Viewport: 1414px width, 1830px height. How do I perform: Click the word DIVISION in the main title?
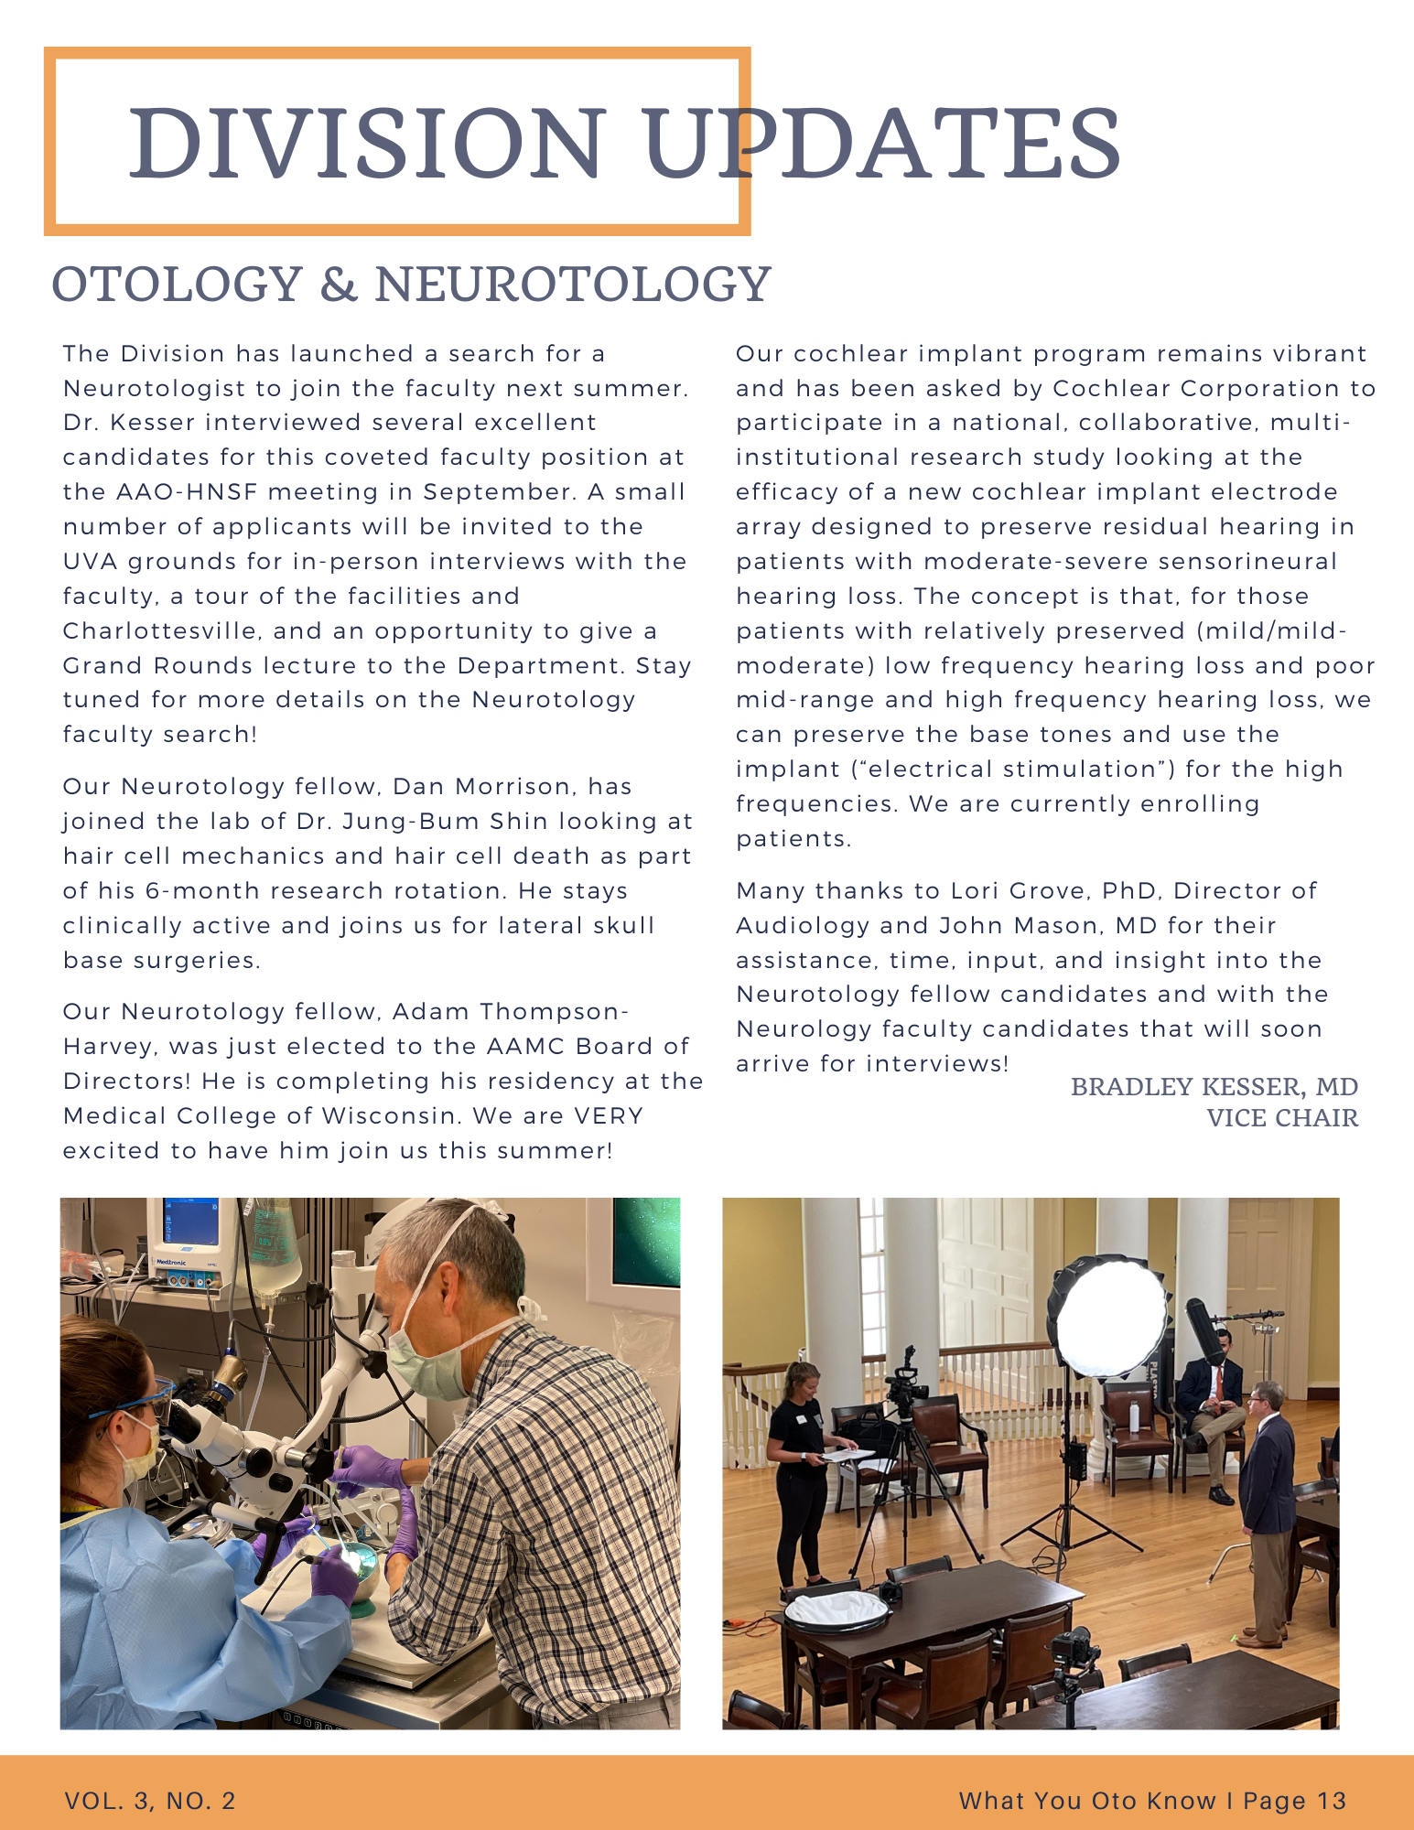click(x=366, y=144)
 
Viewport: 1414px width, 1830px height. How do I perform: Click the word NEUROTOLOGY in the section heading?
click(x=573, y=284)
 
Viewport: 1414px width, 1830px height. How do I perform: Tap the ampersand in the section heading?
click(x=339, y=284)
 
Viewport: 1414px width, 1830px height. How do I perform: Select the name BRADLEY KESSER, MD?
click(x=1214, y=1087)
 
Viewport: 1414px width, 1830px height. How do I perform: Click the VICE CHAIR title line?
click(x=1281, y=1118)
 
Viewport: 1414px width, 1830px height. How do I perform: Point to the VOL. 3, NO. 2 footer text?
click(x=150, y=1801)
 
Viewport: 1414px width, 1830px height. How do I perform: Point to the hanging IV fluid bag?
click(x=275, y=1254)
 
